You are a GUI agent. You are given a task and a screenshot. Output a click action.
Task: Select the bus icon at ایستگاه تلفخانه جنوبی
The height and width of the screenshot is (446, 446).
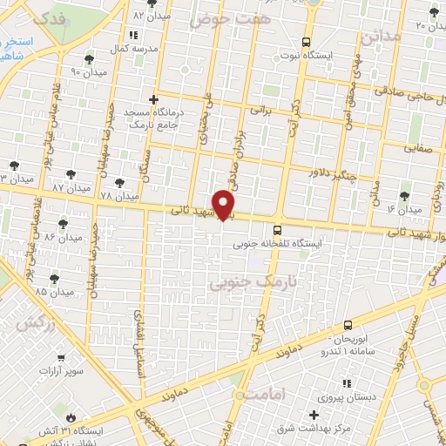(278, 231)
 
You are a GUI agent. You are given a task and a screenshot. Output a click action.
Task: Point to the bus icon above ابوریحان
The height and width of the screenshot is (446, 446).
(348, 324)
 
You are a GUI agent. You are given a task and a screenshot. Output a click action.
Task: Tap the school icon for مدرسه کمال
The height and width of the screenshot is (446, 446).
(132, 36)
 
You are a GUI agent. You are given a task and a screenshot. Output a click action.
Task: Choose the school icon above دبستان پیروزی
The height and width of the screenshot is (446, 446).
(347, 382)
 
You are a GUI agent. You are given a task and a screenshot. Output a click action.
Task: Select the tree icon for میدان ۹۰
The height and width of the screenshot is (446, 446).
(90, 59)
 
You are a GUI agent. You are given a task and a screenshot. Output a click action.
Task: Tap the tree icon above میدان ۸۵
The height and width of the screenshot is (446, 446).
(55, 278)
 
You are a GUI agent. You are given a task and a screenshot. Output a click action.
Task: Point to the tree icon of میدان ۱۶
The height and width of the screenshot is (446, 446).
(402, 197)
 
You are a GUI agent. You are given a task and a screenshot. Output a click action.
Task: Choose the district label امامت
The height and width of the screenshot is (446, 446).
(266, 394)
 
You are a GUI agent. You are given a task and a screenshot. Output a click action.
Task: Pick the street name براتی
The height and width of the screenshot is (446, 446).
(260, 111)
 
